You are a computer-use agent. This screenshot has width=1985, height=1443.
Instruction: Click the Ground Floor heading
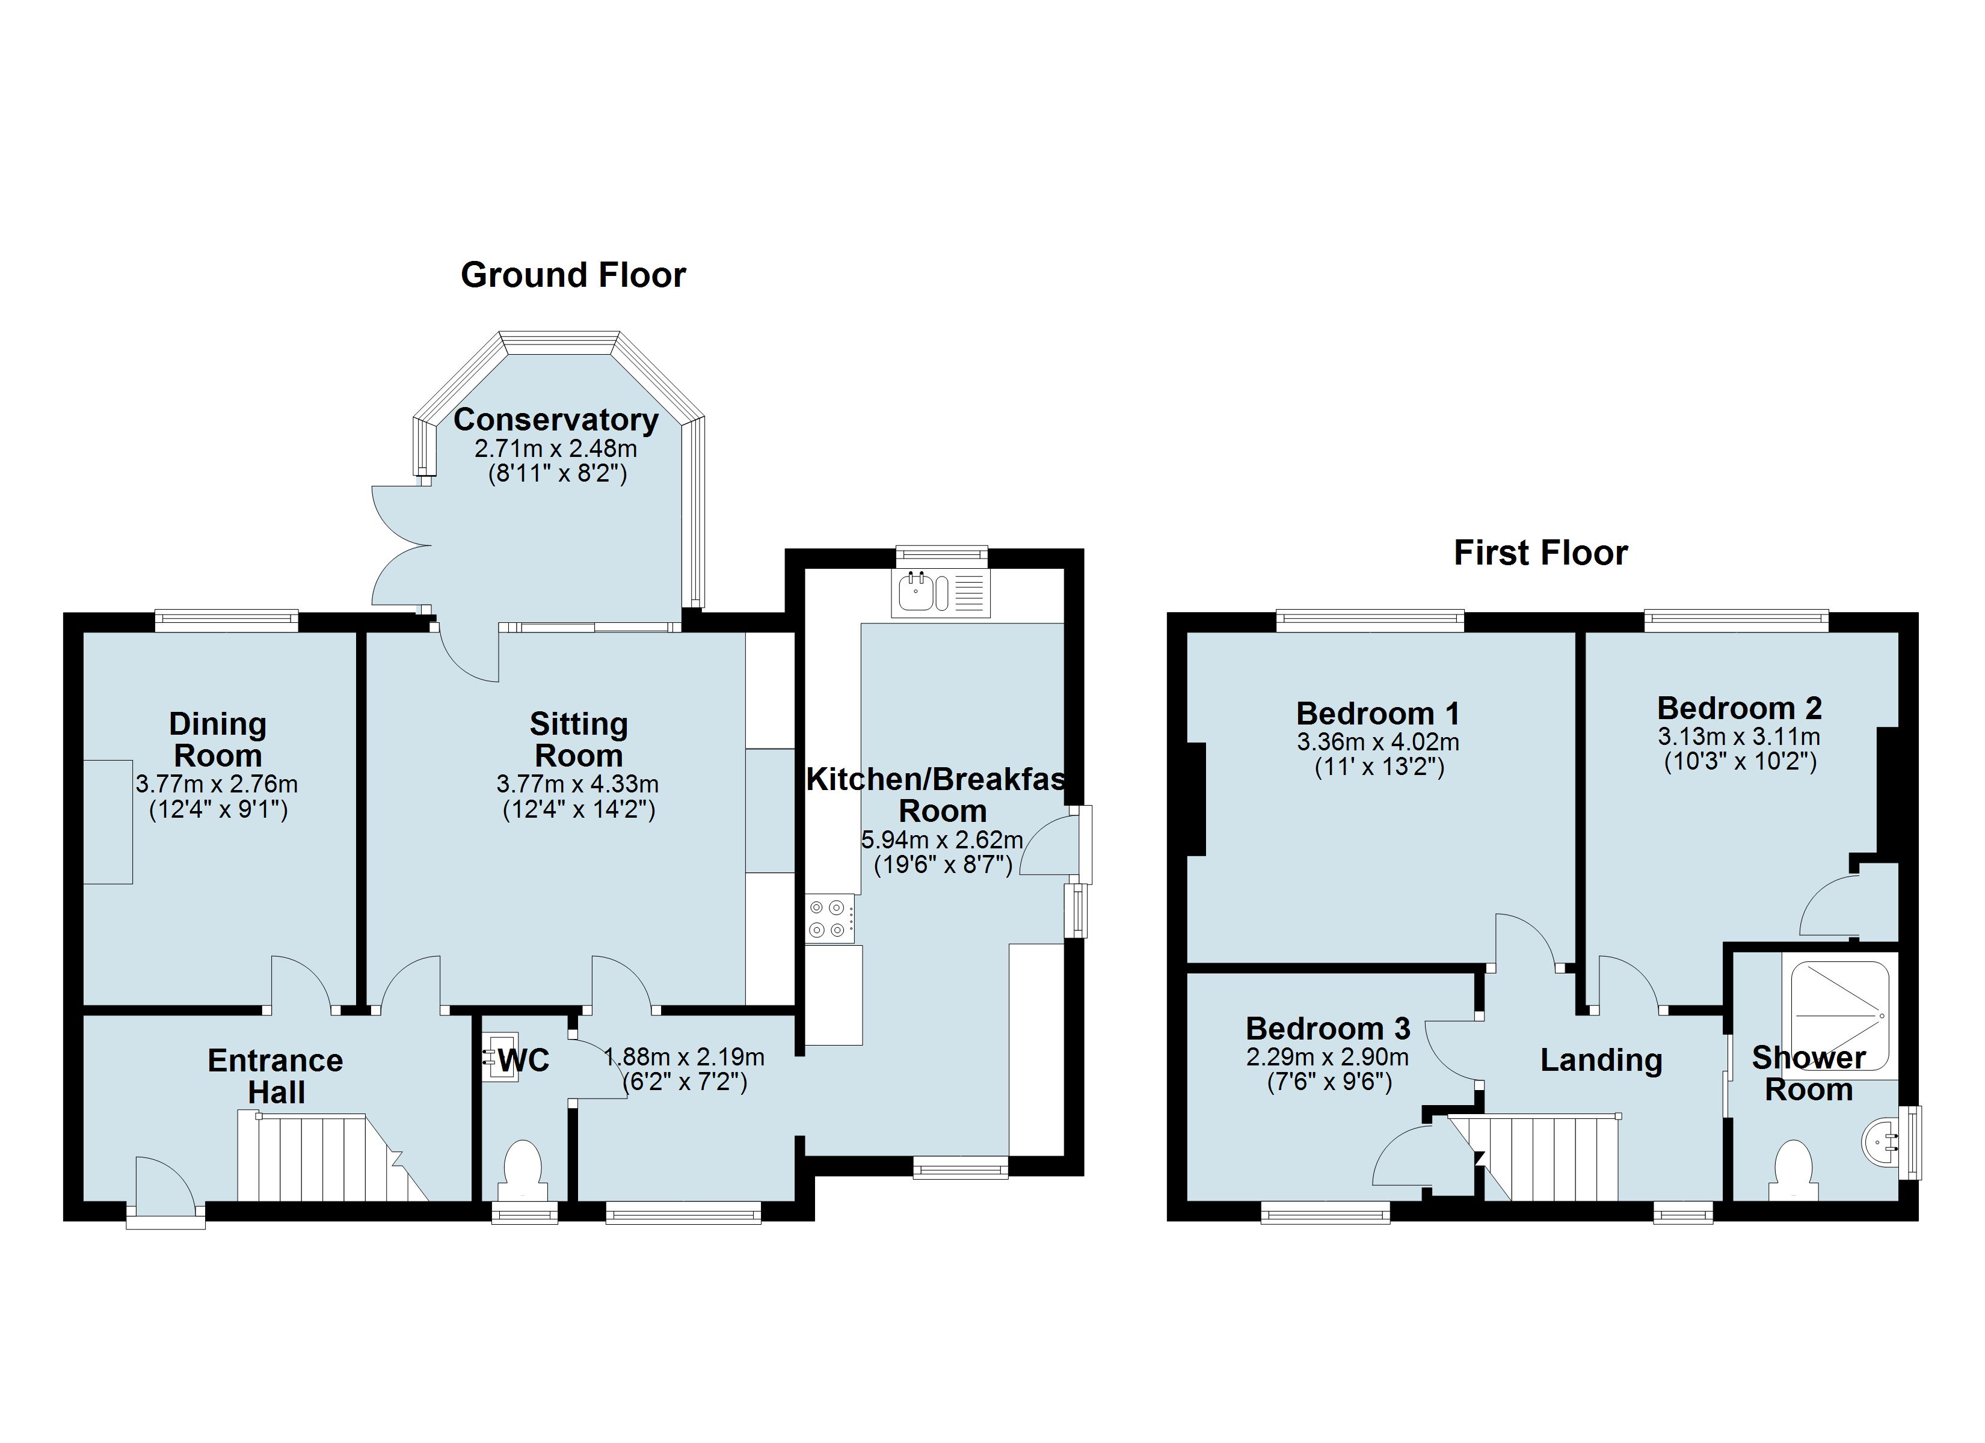click(573, 275)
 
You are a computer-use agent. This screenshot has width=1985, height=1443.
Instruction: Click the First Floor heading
click(1540, 553)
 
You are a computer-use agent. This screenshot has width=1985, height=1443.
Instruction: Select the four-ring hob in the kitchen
click(829, 919)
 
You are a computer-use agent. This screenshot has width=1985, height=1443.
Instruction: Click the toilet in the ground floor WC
click(523, 1171)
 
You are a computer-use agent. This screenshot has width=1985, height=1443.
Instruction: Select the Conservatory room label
click(556, 420)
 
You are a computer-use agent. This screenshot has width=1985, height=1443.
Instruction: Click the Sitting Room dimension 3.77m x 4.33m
click(577, 784)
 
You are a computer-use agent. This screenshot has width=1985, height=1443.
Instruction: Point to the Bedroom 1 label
click(1377, 713)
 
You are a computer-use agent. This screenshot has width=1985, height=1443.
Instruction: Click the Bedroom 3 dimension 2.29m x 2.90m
click(1328, 1057)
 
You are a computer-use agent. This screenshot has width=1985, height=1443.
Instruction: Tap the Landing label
click(1601, 1060)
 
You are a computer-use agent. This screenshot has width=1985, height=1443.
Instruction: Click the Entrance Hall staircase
click(333, 1157)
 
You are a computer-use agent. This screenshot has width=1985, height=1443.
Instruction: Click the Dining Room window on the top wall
click(227, 620)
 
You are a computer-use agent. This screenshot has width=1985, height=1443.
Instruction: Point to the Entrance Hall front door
click(165, 1190)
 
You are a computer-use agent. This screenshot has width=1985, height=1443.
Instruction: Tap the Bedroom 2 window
click(1737, 620)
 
